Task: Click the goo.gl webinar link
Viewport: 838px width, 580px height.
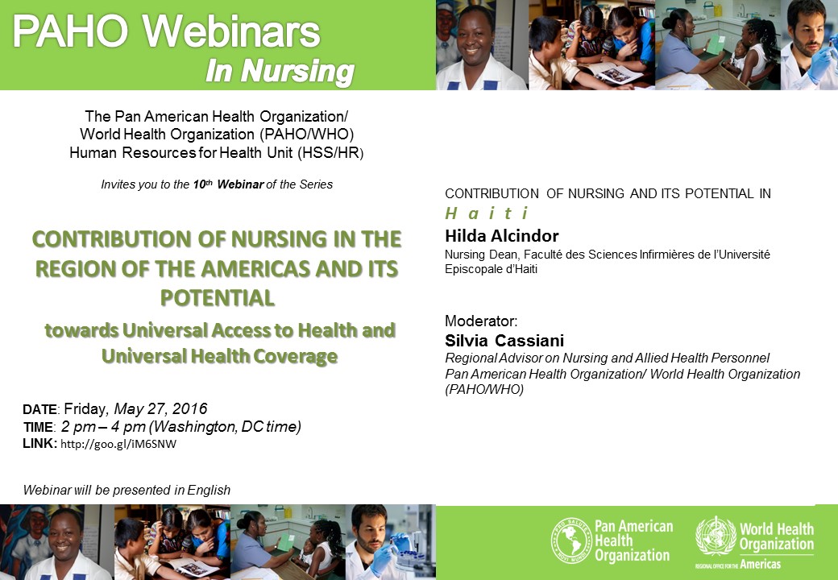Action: click(118, 444)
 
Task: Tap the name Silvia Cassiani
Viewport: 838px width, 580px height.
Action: click(504, 340)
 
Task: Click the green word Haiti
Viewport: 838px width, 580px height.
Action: click(487, 213)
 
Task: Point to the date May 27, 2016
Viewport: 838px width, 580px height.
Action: click(160, 409)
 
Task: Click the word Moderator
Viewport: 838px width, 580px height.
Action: click(481, 321)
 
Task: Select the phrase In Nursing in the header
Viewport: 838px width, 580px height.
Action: click(280, 72)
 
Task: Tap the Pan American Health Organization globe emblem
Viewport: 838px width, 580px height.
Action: click(570, 541)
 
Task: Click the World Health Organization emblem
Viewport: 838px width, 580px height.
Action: click(716, 536)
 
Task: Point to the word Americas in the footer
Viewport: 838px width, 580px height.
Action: click(760, 565)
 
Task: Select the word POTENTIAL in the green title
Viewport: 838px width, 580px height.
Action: click(218, 297)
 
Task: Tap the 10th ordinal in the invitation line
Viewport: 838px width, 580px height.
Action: click(202, 184)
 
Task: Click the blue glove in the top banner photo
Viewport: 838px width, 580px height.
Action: click(819, 64)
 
